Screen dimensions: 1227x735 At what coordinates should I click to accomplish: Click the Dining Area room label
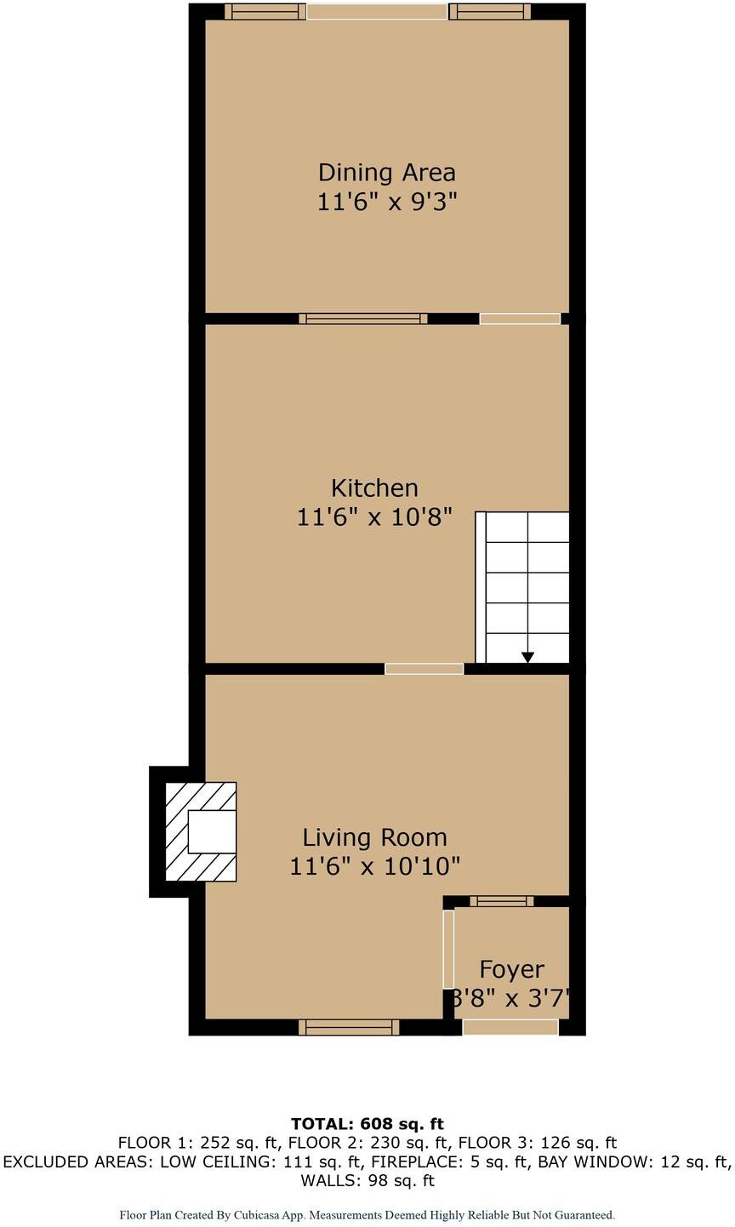point(387,173)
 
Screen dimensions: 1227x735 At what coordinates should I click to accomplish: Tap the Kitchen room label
point(374,488)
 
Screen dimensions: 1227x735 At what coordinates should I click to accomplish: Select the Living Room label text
point(374,838)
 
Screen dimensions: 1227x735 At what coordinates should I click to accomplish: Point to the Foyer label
point(511,969)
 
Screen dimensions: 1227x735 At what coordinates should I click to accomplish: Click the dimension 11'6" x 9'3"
point(387,203)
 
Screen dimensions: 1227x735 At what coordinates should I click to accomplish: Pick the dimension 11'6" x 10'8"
point(374,516)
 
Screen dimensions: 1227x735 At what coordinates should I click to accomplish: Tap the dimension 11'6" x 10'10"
point(374,867)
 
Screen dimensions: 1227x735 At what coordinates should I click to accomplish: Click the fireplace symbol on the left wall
point(202,832)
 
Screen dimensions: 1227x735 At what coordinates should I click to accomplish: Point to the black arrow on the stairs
point(527,657)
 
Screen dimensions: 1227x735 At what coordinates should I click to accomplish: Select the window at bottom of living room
point(349,1027)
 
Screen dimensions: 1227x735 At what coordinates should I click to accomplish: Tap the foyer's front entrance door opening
point(510,1027)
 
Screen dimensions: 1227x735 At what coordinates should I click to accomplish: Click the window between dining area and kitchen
point(363,319)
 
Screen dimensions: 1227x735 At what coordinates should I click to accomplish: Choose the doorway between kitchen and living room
point(424,669)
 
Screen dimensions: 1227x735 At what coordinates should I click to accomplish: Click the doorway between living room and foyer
point(448,949)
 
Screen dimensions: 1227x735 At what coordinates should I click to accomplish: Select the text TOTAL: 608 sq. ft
point(367,1124)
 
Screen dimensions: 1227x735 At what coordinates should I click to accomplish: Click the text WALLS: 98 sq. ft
point(367,1180)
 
